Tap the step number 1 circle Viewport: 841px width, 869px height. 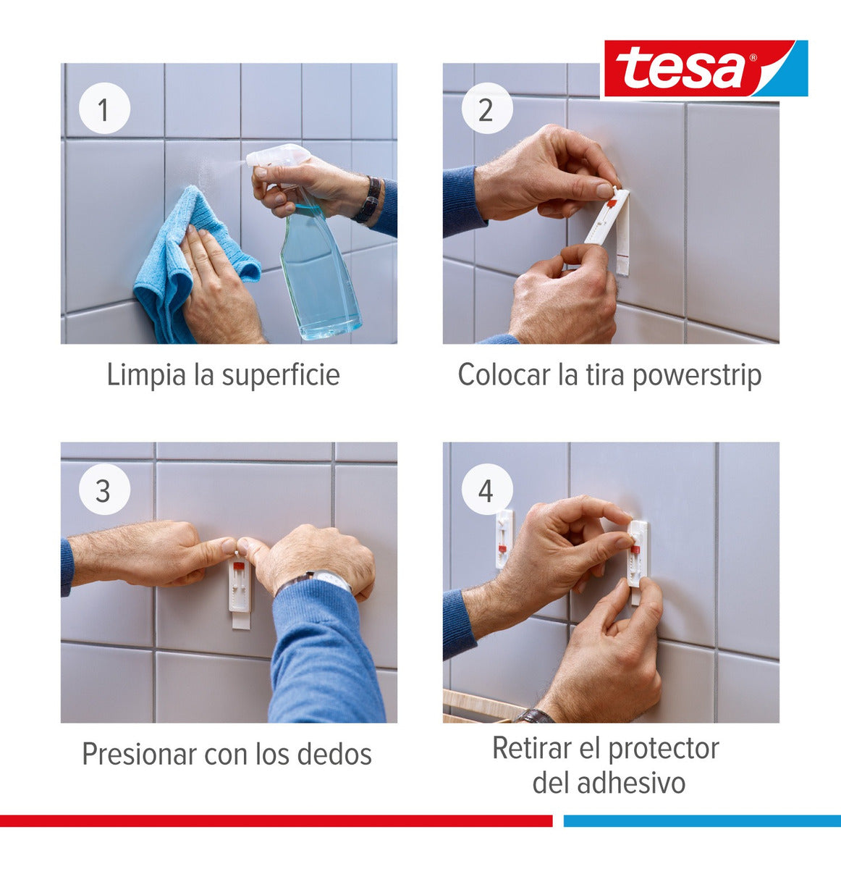[x=103, y=110]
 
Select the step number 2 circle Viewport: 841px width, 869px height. [x=486, y=110]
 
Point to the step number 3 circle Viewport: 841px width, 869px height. [x=103, y=490]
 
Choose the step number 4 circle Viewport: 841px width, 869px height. [x=486, y=490]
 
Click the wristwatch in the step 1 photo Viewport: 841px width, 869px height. [x=370, y=200]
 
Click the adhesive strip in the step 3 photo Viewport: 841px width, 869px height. [x=240, y=590]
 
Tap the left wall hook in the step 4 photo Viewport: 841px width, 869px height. [x=504, y=537]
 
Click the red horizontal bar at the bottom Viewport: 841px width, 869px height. [x=275, y=820]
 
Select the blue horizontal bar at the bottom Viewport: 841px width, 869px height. [x=701, y=820]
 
